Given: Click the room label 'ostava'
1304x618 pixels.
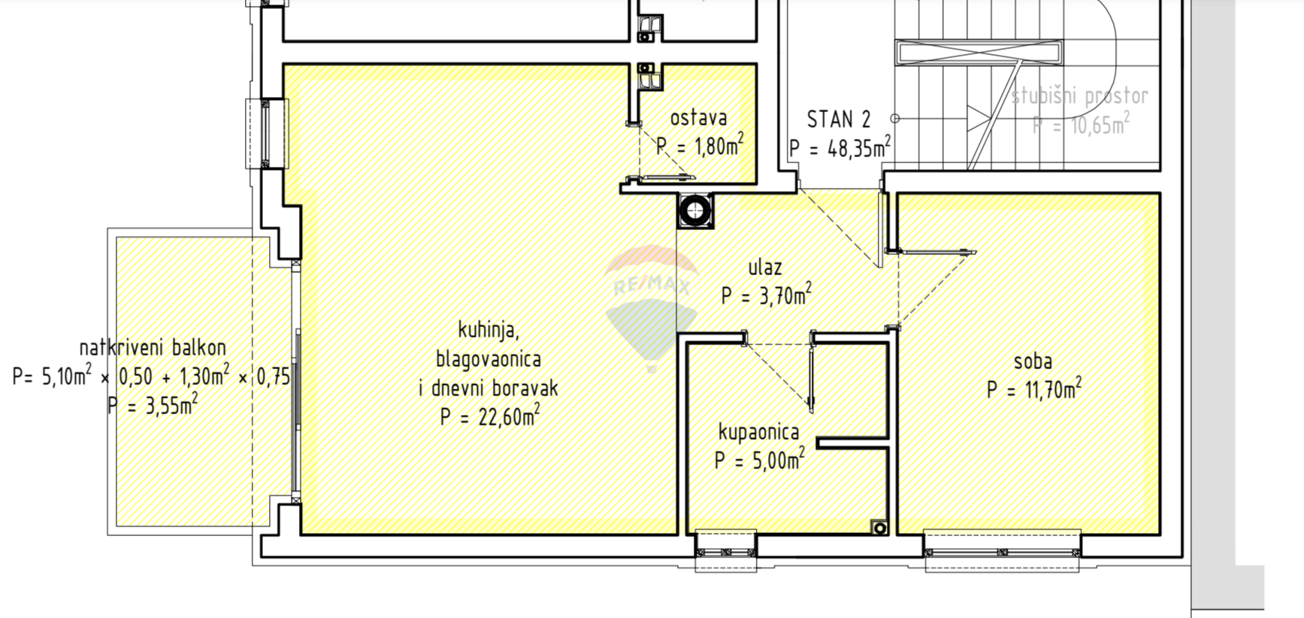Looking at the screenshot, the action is tap(698, 118).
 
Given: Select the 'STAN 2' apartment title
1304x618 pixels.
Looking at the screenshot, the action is tap(839, 120).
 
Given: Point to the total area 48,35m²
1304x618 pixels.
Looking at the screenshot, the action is tap(859, 147).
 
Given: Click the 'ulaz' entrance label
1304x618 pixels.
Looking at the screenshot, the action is tap(765, 267).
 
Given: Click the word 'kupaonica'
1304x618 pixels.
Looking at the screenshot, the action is tap(759, 432).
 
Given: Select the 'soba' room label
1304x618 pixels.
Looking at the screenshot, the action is tap(1033, 362).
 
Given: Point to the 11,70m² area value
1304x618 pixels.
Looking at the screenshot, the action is tap(1051, 389).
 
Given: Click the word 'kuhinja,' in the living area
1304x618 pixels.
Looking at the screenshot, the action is tap(489, 330).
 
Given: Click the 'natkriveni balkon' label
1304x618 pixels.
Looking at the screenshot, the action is tap(153, 348).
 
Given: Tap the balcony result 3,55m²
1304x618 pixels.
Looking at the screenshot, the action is tap(170, 404).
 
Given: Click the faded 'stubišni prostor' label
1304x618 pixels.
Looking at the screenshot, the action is tap(1079, 96).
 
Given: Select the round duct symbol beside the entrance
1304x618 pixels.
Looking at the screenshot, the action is tap(695, 211).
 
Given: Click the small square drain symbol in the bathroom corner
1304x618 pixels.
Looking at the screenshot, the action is tap(879, 528).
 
